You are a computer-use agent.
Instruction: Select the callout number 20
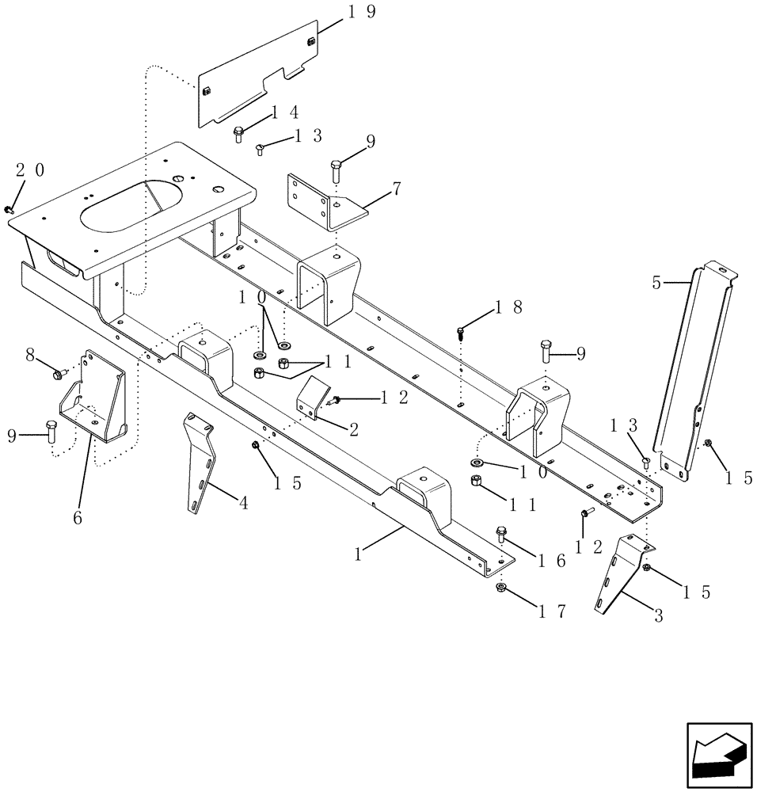(x=30, y=169)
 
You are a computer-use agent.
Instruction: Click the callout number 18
(x=508, y=307)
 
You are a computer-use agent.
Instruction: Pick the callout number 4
(x=243, y=502)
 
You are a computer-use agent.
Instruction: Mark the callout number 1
(x=359, y=554)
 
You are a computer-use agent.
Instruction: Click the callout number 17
(x=551, y=611)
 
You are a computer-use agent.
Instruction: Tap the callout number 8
(x=30, y=356)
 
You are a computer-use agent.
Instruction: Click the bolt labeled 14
(x=238, y=134)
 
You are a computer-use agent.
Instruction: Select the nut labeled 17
(x=500, y=588)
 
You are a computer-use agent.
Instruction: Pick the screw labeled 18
(x=460, y=332)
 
